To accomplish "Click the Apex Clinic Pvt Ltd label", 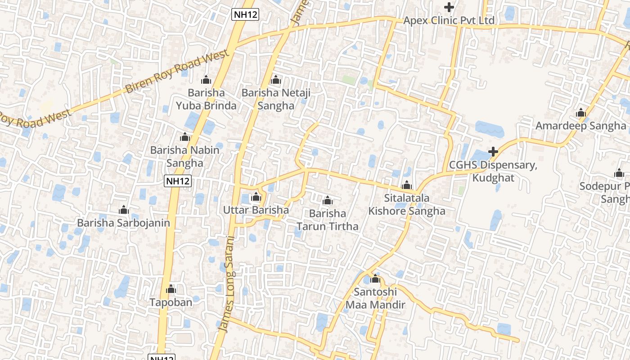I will pos(449,21).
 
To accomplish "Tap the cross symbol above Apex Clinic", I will pos(449,7).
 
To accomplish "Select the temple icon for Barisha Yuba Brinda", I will pos(206,80).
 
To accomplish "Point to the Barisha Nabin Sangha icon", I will pos(185,137).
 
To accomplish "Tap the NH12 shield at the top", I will pos(245,14).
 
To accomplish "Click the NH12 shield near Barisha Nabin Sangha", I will pos(178,181).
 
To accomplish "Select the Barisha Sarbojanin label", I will pos(123,223).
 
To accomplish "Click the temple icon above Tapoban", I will pos(171,289).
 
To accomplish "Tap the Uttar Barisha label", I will pos(256,210).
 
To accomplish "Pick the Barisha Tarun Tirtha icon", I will pos(328,200).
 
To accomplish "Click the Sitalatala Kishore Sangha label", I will pos(407,204).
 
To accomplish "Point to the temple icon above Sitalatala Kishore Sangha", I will pos(407,185).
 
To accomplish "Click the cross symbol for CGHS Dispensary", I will pos(493,152).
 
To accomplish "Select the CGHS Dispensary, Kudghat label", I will pos(493,171).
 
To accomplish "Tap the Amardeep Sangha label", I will pos(580,126).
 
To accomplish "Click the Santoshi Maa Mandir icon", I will pos(375,279).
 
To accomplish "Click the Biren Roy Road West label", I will pos(178,72).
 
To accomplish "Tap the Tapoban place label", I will pos(171,302).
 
